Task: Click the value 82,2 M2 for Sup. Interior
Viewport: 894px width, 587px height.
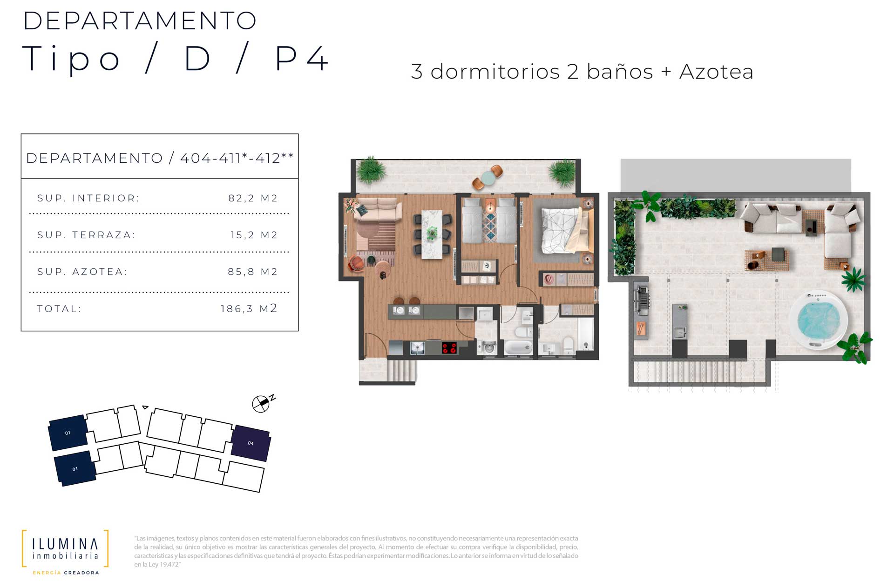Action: click(x=253, y=198)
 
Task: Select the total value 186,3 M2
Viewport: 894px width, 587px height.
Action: click(x=249, y=308)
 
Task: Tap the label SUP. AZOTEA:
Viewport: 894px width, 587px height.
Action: click(x=82, y=272)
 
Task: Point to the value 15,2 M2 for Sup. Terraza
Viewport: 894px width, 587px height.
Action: click(x=254, y=235)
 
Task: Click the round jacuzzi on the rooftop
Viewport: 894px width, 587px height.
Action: click(x=819, y=320)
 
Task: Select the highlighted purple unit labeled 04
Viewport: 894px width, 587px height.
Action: click(x=251, y=443)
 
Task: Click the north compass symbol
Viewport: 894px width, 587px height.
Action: click(x=261, y=404)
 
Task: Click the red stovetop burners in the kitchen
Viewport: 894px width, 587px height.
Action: click(x=449, y=347)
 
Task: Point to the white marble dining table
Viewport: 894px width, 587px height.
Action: click(x=432, y=234)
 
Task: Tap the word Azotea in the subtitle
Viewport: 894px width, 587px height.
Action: click(x=716, y=72)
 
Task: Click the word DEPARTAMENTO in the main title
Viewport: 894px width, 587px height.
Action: click(x=140, y=21)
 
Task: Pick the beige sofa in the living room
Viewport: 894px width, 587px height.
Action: click(x=379, y=209)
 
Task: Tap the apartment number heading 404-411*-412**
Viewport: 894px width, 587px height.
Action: click(x=237, y=158)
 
